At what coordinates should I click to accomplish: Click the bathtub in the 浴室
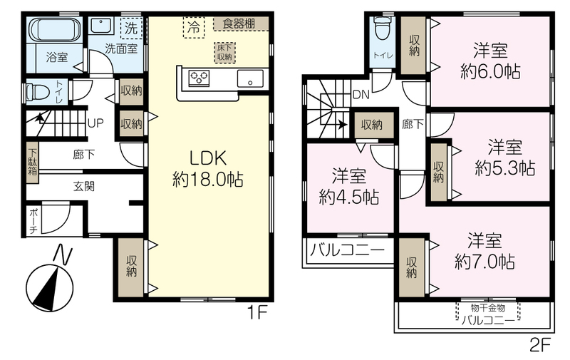[x=55, y=29]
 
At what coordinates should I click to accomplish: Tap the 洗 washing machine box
[x=131, y=28]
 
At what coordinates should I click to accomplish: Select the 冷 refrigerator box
[x=194, y=27]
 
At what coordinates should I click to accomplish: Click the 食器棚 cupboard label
[x=239, y=24]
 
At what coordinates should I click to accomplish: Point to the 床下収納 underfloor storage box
[x=224, y=53]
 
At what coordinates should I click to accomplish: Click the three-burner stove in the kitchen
[x=199, y=78]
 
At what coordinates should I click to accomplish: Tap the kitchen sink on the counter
[x=251, y=78]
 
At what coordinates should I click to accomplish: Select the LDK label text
[x=208, y=158]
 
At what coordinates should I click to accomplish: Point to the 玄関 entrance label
[x=84, y=186]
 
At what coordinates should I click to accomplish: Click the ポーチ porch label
[x=33, y=220]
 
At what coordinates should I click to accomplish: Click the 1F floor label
[x=257, y=313]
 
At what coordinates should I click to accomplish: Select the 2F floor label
[x=540, y=345]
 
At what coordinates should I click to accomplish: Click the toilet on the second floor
[x=382, y=29]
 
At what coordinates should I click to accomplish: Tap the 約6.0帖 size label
[x=490, y=71]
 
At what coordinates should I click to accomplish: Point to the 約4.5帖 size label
[x=349, y=197]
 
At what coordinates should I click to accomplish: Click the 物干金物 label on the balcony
[x=488, y=308]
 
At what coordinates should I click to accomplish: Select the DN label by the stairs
[x=361, y=95]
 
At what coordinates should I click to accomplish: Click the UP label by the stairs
[x=95, y=123]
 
